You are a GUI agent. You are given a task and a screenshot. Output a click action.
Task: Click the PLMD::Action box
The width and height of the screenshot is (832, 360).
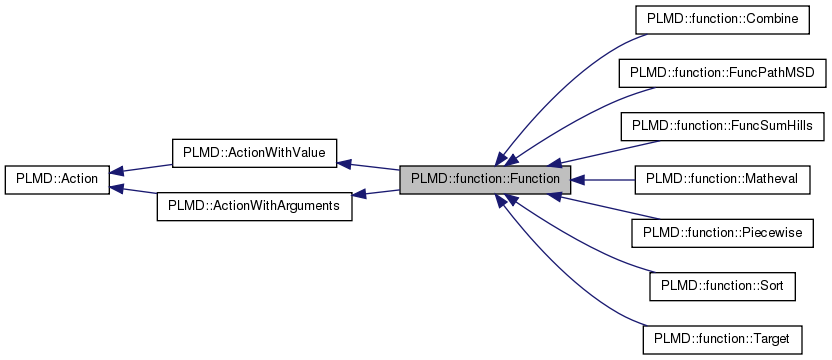[57, 180]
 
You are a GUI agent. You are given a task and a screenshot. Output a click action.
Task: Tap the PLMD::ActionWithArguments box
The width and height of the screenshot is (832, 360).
[254, 206]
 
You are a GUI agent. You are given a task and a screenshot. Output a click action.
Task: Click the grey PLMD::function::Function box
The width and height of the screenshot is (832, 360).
[485, 180]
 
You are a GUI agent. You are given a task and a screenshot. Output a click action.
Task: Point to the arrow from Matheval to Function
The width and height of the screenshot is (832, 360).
[604, 180]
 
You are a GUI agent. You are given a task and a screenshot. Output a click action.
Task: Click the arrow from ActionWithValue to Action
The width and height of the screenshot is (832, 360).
[140, 169]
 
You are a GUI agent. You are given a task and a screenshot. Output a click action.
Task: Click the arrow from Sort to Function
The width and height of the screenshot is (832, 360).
[580, 250]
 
